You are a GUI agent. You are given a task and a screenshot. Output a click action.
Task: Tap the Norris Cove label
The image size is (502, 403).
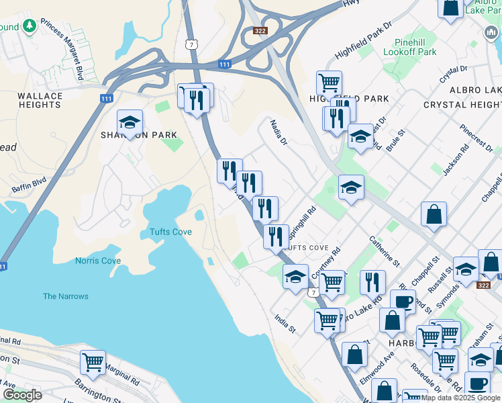click(x=98, y=261)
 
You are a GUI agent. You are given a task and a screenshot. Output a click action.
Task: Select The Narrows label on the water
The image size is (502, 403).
click(x=66, y=296)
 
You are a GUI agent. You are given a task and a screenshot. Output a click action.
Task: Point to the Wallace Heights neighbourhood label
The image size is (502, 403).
click(x=40, y=101)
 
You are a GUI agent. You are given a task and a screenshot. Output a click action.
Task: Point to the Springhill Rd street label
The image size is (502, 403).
click(x=301, y=222)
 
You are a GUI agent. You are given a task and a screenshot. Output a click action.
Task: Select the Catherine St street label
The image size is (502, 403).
click(x=381, y=251)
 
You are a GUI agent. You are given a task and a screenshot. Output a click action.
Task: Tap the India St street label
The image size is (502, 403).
click(x=285, y=322)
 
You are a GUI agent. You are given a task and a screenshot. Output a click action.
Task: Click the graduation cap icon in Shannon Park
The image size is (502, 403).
click(x=130, y=122)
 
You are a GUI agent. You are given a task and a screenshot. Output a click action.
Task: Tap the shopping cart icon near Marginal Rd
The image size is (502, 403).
click(x=93, y=362)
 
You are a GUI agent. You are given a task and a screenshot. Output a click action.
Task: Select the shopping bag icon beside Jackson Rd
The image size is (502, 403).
click(x=434, y=215)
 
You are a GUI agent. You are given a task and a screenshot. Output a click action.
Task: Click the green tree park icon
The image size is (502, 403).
click(x=29, y=26)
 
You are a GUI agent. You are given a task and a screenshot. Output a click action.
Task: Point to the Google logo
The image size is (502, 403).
click(x=22, y=395)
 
